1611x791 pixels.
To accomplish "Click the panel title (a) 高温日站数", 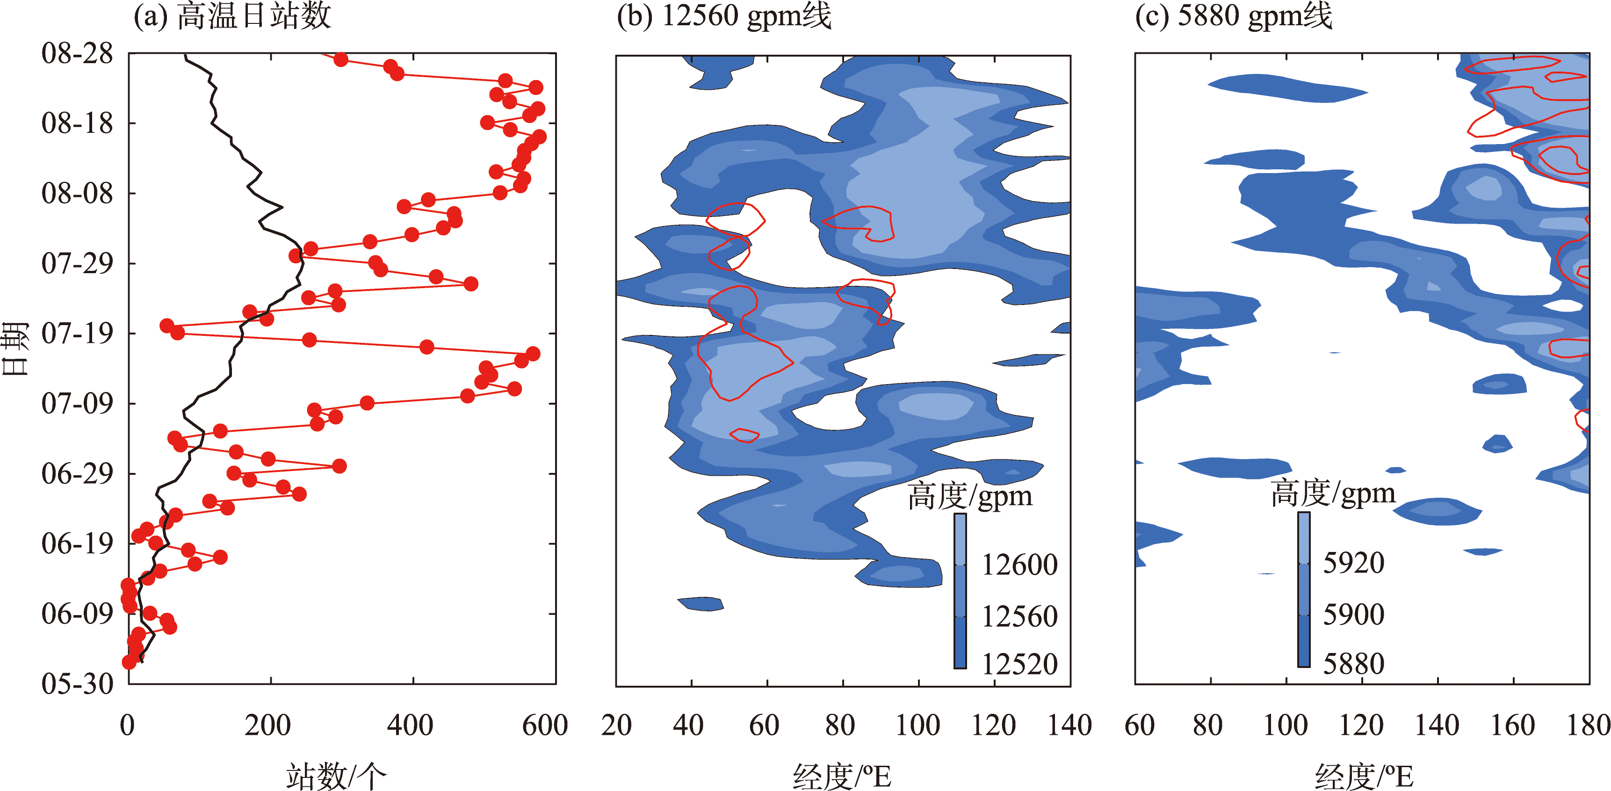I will (x=232, y=16).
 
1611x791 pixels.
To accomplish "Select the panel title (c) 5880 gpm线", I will (x=1233, y=16).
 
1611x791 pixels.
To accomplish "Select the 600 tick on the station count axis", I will (x=545, y=726).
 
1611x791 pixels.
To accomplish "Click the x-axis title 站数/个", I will (x=336, y=776).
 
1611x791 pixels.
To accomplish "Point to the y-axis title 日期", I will (x=15, y=348).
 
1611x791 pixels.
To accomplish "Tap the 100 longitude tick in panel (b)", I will (x=917, y=726).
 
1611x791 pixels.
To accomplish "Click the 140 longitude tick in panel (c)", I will (x=1437, y=726).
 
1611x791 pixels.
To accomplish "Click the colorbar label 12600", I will (x=1019, y=565).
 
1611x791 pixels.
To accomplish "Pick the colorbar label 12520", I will (x=1019, y=664).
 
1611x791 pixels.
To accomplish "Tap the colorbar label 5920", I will (x=1353, y=563).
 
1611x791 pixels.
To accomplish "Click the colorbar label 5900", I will (x=1353, y=615).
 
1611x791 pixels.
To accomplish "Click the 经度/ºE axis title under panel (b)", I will (x=842, y=776).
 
